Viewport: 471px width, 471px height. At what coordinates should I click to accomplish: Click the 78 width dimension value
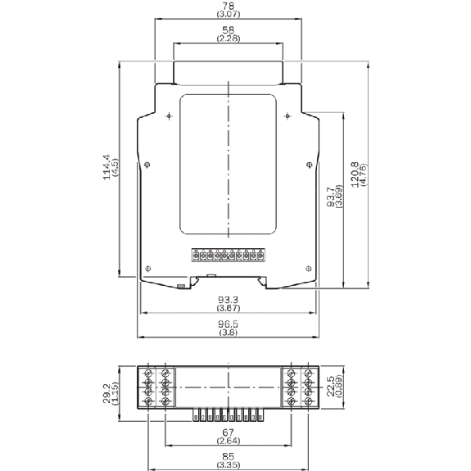pyautogui.click(x=229, y=6)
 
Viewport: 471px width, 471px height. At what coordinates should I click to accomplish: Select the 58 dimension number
pyautogui.click(x=229, y=30)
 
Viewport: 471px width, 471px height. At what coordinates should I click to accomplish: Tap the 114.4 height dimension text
pyautogui.click(x=106, y=167)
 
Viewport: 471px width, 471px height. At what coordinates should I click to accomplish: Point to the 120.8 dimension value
pyautogui.click(x=355, y=174)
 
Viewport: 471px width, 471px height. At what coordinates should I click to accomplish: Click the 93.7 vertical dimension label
pyautogui.click(x=330, y=197)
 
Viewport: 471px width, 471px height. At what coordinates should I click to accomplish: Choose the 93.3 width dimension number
pyautogui.click(x=228, y=300)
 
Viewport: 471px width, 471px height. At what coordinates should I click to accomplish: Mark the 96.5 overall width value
pyautogui.click(x=228, y=324)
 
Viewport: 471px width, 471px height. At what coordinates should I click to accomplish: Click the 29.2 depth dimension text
pyautogui.click(x=106, y=393)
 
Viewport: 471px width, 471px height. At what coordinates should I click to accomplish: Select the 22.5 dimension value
pyautogui.click(x=330, y=387)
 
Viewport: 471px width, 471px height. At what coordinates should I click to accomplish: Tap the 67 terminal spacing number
pyautogui.click(x=228, y=433)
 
